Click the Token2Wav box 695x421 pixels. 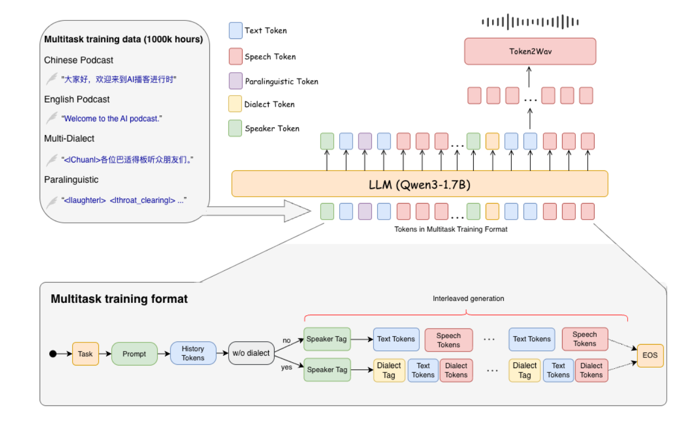529,51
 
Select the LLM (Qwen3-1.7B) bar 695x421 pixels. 419,184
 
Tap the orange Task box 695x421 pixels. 85,354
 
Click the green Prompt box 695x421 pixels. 134,354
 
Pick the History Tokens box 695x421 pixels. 193,354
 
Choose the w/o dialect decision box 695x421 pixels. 251,353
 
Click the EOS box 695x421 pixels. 650,355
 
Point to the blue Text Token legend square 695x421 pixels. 235,30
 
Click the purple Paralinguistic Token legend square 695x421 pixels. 235,81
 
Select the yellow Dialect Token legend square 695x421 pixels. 235,104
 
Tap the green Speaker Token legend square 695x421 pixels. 235,128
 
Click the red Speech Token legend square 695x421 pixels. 235,56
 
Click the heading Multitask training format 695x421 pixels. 119,299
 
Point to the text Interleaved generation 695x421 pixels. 468,299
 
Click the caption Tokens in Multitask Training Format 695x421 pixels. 451,229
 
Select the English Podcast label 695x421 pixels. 77,99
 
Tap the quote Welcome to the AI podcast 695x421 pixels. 112,119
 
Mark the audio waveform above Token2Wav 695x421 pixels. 530,22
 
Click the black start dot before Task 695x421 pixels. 52,354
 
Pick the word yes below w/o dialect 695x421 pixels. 287,368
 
